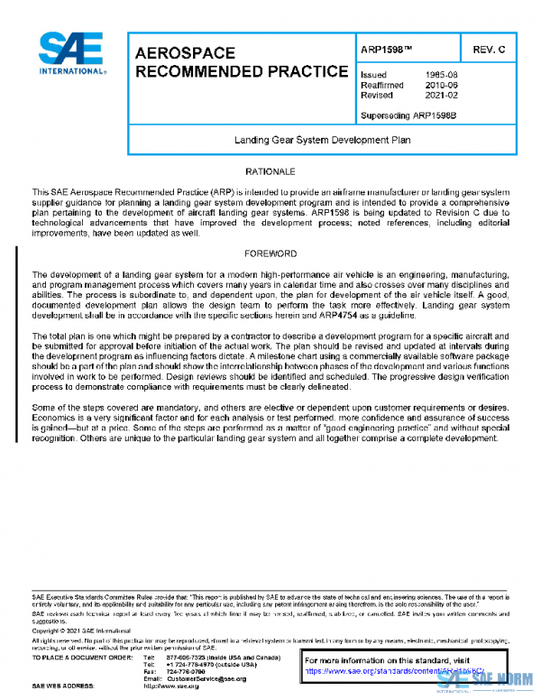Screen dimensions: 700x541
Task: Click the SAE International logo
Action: pyautogui.click(x=71, y=55)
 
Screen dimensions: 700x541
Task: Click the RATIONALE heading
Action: pyautogui.click(x=270, y=171)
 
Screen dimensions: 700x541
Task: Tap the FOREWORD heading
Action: pyautogui.click(x=270, y=254)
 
